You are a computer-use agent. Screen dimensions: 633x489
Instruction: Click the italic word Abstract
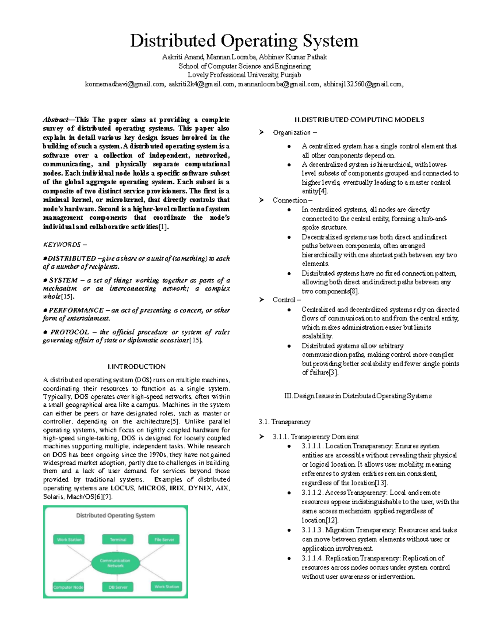tap(55, 120)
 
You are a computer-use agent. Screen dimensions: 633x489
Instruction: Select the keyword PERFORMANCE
tap(76, 310)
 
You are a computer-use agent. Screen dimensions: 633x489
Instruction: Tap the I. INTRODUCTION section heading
tap(137, 366)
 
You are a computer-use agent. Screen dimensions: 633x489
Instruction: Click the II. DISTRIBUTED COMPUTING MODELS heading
tap(359, 120)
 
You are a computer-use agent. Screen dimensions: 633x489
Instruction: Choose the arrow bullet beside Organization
tap(262, 132)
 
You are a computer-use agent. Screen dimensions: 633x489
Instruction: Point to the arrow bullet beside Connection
tap(262, 200)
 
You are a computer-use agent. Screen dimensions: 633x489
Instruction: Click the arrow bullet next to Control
tap(262, 300)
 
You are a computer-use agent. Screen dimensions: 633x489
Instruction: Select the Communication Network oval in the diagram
tap(115, 563)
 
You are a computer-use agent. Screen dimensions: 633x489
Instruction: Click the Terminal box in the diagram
tap(118, 540)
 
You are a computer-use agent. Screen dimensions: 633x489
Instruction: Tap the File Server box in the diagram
tap(164, 540)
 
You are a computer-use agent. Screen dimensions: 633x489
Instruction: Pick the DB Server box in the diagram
tap(118, 587)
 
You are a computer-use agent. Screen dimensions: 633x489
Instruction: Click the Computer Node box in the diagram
tap(68, 587)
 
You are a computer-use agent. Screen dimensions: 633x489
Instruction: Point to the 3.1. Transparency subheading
tap(284, 422)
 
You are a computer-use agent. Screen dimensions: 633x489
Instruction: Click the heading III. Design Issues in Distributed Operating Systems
tap(357, 396)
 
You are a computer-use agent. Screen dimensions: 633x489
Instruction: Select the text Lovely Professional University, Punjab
tap(244, 75)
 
